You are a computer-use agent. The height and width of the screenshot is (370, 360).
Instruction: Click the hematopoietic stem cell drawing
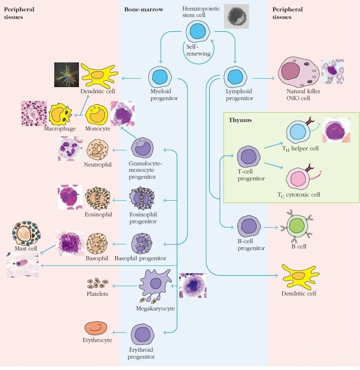[198, 31]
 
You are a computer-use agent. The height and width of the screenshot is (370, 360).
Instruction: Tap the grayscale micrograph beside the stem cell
[236, 16]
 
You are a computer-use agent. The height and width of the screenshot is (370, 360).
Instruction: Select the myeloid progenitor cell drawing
[160, 77]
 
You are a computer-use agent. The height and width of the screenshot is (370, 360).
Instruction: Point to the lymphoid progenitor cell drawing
[235, 77]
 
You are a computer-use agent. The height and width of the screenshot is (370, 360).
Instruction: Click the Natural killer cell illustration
[298, 72]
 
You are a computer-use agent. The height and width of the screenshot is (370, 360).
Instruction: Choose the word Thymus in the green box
[240, 120]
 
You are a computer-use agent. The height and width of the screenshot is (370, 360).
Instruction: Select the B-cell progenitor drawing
[249, 226]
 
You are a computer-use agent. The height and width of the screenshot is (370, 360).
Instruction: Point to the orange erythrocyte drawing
[96, 328]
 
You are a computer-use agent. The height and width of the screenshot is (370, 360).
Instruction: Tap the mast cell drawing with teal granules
[26, 233]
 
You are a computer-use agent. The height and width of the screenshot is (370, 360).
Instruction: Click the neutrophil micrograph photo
[70, 148]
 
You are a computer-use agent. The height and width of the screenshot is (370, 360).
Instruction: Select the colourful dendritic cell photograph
[66, 75]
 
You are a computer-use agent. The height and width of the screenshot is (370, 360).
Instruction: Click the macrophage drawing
[60, 114]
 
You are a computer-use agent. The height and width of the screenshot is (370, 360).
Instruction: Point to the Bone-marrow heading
[144, 9]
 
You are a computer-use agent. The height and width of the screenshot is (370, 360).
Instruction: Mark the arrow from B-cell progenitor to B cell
[271, 227]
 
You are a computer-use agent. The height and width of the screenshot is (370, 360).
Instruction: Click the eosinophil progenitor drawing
[142, 198]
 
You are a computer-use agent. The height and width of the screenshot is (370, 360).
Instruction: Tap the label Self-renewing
[198, 50]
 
